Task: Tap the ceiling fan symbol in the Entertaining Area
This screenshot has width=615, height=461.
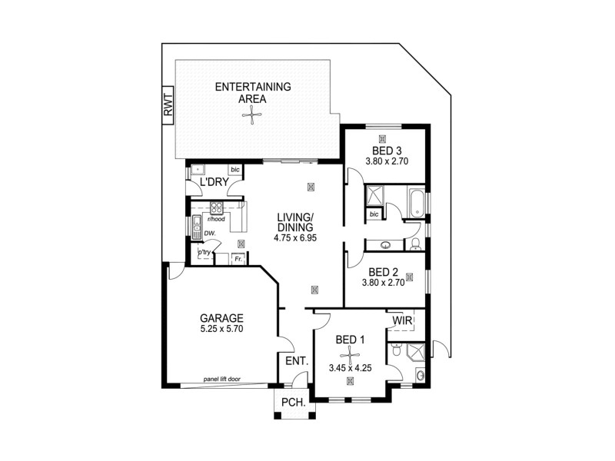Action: pyautogui.click(x=251, y=116)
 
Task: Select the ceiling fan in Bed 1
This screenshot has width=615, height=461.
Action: pyautogui.click(x=351, y=353)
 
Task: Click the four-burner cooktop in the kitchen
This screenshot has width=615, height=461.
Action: pyautogui.click(x=218, y=207)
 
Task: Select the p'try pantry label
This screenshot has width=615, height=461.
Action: pyautogui.click(x=204, y=252)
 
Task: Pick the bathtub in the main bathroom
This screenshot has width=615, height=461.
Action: pyautogui.click(x=415, y=201)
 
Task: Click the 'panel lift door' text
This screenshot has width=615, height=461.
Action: pyautogui.click(x=221, y=380)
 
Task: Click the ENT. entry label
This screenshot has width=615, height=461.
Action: pyautogui.click(x=297, y=361)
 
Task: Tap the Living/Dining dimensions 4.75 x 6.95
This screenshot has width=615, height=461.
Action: pyautogui.click(x=295, y=239)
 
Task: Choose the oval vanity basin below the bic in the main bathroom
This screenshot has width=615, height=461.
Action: pyautogui.click(x=384, y=245)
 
